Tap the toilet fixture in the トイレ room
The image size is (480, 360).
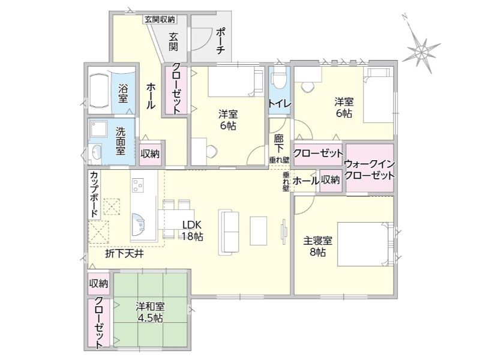[x=279, y=77]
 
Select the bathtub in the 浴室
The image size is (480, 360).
[x=99, y=91]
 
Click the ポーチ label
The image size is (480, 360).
[x=220, y=41]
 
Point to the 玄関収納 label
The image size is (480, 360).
[x=160, y=20]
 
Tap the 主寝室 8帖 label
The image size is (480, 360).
[x=318, y=247]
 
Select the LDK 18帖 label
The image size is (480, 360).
[x=192, y=230]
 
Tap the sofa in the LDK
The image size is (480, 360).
[x=229, y=232]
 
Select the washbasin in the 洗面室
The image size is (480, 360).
[x=97, y=152]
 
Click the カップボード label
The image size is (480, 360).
[x=94, y=193]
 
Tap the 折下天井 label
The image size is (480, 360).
[x=124, y=253]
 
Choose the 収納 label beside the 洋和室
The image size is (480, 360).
[x=98, y=284]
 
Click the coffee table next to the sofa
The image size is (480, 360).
[x=259, y=230]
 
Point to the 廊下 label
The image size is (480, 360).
[x=278, y=143]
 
